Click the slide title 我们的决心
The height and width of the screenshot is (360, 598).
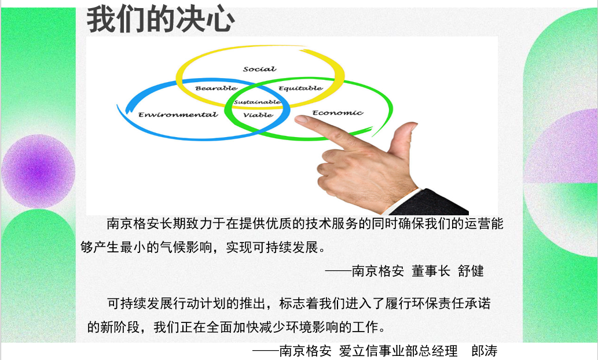click(x=160, y=19)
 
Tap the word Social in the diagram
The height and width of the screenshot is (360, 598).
click(x=260, y=69)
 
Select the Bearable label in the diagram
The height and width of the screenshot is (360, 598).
click(x=217, y=88)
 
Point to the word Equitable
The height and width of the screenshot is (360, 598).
click(x=300, y=88)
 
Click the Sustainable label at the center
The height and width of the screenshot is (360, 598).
click(x=258, y=102)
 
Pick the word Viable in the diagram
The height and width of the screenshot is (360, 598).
click(x=258, y=115)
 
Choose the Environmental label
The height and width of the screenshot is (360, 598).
click(x=178, y=115)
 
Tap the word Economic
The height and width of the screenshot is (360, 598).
click(x=338, y=113)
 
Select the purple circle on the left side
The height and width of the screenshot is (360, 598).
click(x=38, y=171)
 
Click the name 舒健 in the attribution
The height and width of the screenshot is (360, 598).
click(x=471, y=271)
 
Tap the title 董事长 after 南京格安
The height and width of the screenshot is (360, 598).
click(x=431, y=271)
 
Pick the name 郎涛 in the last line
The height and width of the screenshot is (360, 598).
click(x=485, y=351)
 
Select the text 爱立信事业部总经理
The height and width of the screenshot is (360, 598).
click(x=398, y=351)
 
